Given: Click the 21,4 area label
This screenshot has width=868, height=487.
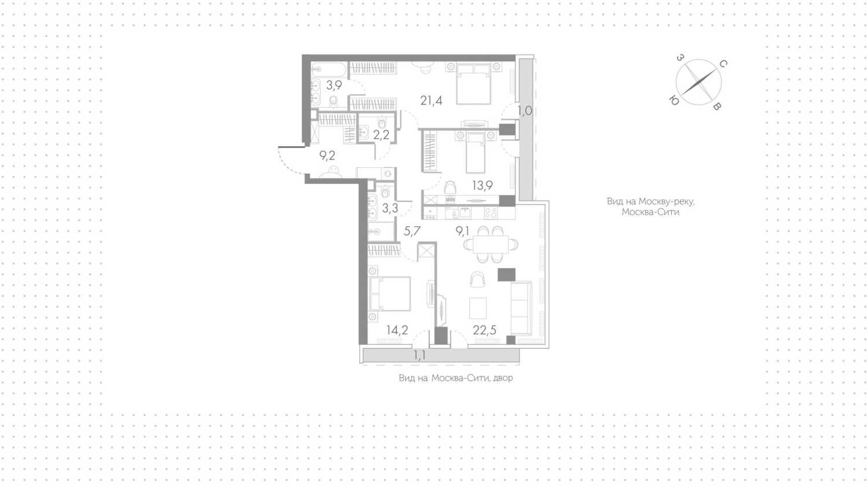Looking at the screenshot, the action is (431, 101).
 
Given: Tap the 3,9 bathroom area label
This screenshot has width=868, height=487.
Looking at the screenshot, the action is (334, 85).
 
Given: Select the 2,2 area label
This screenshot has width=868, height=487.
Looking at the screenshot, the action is (381, 135).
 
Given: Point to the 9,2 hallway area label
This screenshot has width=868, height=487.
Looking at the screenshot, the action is (327, 156).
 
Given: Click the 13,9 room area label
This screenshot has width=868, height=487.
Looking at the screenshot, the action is (483, 186).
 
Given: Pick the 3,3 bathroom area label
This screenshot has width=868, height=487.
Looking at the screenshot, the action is (390, 208).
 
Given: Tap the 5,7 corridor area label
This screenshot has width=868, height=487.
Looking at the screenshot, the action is (412, 231).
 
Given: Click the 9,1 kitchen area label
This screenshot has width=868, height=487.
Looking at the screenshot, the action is (462, 231).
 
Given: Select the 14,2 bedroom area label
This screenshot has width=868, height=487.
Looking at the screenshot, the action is (397, 330).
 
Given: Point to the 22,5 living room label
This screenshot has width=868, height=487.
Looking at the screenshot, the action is (484, 330).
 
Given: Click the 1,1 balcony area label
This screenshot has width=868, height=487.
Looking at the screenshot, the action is (420, 355).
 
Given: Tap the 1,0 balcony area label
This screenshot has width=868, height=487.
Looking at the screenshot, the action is (525, 111).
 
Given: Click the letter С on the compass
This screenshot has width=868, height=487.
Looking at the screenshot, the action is (723, 64).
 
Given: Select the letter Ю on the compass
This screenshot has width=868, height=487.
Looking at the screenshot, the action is (674, 100).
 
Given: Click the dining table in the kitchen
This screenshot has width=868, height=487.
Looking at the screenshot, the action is (491, 245).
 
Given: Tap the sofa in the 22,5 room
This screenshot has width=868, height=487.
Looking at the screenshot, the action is (521, 308).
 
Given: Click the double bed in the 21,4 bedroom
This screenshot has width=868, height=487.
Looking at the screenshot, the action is (473, 84).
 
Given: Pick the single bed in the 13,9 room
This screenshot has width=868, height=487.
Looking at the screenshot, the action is (476, 153).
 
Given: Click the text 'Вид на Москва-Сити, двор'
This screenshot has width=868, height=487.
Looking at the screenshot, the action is (456, 378).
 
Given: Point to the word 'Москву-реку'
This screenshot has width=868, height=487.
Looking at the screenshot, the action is (667, 201).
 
